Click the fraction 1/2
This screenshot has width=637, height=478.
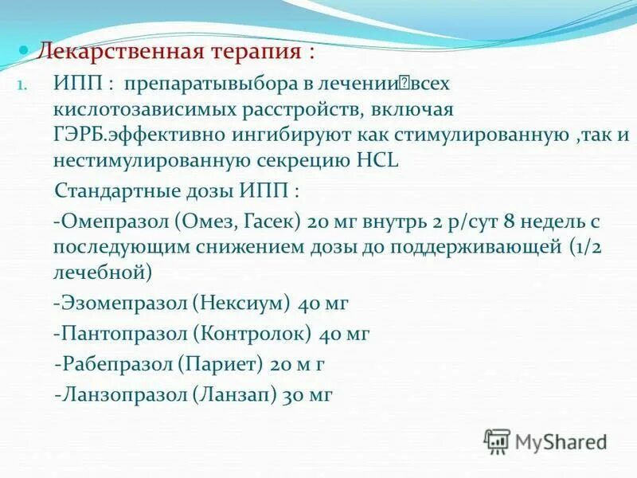[x=588, y=247]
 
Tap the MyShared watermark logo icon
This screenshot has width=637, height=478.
[x=497, y=441]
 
